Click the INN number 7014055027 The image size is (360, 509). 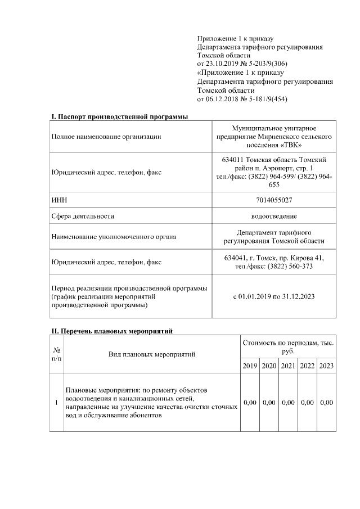[x=274, y=200]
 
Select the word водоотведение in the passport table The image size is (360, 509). [x=274, y=216]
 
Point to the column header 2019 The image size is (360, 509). [x=250, y=366]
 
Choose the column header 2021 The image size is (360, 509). [x=288, y=366]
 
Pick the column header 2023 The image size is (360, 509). [x=326, y=366]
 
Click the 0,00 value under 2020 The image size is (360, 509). [x=269, y=403]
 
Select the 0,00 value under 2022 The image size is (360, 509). [x=307, y=403]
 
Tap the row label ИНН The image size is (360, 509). [x=58, y=200]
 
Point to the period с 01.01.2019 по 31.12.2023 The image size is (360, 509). [x=274, y=297]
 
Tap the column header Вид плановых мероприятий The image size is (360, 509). [x=152, y=354]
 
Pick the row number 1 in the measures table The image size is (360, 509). [x=56, y=403]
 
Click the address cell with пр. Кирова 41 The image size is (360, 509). [x=274, y=262]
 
